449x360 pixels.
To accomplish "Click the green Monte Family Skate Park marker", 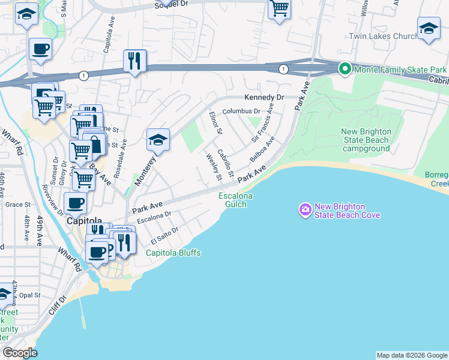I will tap(345, 70).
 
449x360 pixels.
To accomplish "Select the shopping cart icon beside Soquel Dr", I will tap(279, 8).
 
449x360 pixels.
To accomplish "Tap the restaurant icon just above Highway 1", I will tap(134, 60).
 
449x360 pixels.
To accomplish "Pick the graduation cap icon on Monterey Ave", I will tap(158, 140).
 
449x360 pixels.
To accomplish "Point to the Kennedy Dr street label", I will tap(263, 97).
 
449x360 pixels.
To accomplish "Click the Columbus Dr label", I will tap(241, 111).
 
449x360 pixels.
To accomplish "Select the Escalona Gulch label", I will tap(235, 200).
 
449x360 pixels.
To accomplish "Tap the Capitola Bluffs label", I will tap(173, 253).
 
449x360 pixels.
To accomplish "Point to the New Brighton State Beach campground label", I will tap(366, 140).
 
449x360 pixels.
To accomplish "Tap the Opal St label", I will tap(29, 295).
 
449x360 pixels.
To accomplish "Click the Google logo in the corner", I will tap(20, 353).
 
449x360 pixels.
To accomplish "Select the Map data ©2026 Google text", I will tap(411, 355).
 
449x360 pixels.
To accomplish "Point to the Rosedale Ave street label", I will tap(124, 152).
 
